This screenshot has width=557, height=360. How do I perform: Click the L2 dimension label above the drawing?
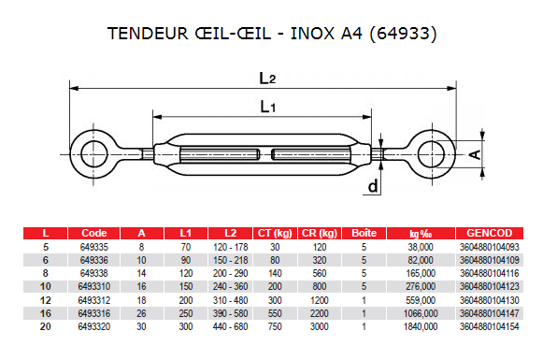[267, 79]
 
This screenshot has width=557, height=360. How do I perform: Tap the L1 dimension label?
[268, 107]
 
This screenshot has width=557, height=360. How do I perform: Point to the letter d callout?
[373, 186]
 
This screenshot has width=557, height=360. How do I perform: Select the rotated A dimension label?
[476, 154]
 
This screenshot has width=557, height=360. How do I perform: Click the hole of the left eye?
[94, 154]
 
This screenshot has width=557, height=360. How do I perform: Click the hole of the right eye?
[431, 154]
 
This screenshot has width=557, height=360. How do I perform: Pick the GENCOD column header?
[489, 233]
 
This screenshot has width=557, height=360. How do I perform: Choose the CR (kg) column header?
[320, 233]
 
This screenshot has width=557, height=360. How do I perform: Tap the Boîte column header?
[364, 233]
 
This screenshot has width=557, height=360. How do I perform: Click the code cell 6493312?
[94, 300]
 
